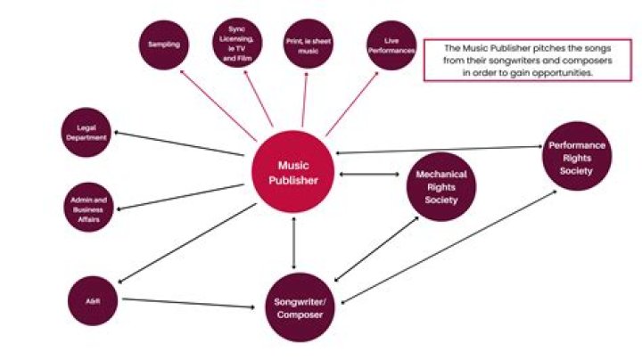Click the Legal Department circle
pyautogui.click(x=86, y=134)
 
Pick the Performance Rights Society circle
pyautogui.click(x=577, y=156)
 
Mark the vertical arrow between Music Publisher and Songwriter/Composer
pyautogui.click(x=294, y=241)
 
